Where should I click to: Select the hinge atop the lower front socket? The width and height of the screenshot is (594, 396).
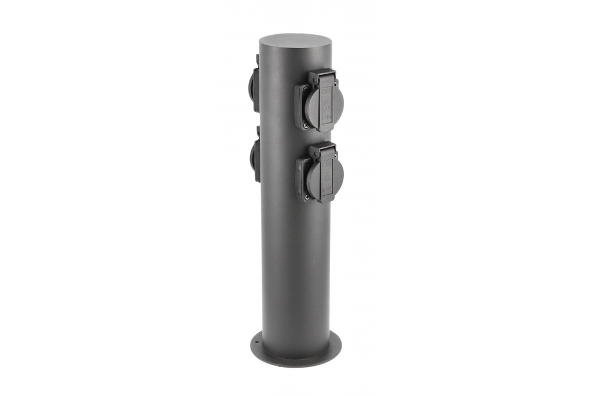click(x=322, y=148)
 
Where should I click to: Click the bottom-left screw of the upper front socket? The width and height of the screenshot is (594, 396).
click(x=306, y=124)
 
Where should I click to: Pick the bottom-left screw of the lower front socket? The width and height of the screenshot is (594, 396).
click(x=307, y=197)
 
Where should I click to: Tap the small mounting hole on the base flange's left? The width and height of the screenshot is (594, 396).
click(x=257, y=341)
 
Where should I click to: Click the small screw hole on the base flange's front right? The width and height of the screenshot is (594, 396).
click(x=313, y=360)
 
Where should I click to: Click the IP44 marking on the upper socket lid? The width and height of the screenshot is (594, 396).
click(x=328, y=118)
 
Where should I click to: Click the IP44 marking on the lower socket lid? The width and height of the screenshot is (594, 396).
click(x=328, y=189)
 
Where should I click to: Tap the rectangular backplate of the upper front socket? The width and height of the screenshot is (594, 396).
click(x=300, y=107)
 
